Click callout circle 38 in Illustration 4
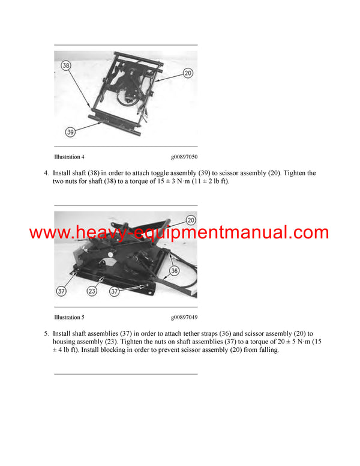click(66, 65)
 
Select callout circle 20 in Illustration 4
click(187, 73)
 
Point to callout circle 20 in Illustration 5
click(191, 220)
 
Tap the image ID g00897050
click(184, 157)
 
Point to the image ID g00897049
click(184, 317)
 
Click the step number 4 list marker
click(46, 173)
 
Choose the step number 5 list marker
click(46, 333)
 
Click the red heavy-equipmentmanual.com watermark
click(179, 233)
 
